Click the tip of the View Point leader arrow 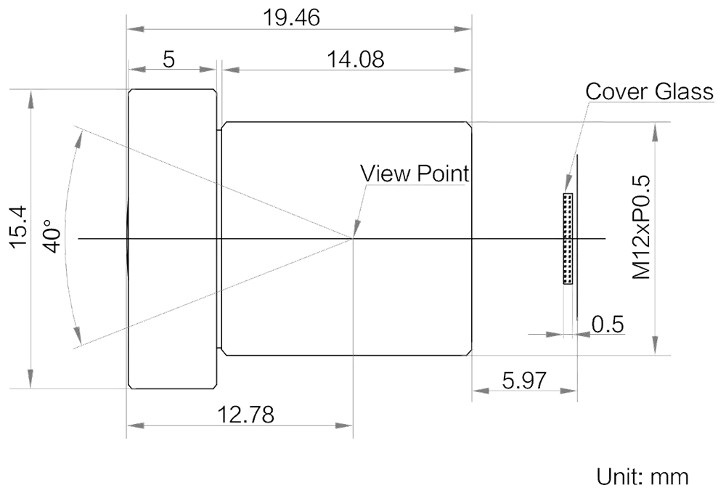(x=354, y=237)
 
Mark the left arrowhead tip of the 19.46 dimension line (x=127, y=29)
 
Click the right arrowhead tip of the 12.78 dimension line (x=353, y=425)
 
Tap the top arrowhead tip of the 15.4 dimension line (x=30, y=89)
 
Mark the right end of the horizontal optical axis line (x=605, y=238)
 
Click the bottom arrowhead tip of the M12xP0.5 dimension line (x=654, y=355)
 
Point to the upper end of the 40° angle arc (x=81, y=129)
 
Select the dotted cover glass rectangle (x=568, y=238)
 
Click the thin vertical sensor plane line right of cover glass (x=577, y=237)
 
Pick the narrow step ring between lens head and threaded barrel (x=219, y=238)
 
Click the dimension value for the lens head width (x=169, y=60)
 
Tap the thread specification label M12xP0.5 (x=642, y=227)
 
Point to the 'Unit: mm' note (x=643, y=477)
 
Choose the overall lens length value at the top (x=291, y=18)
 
